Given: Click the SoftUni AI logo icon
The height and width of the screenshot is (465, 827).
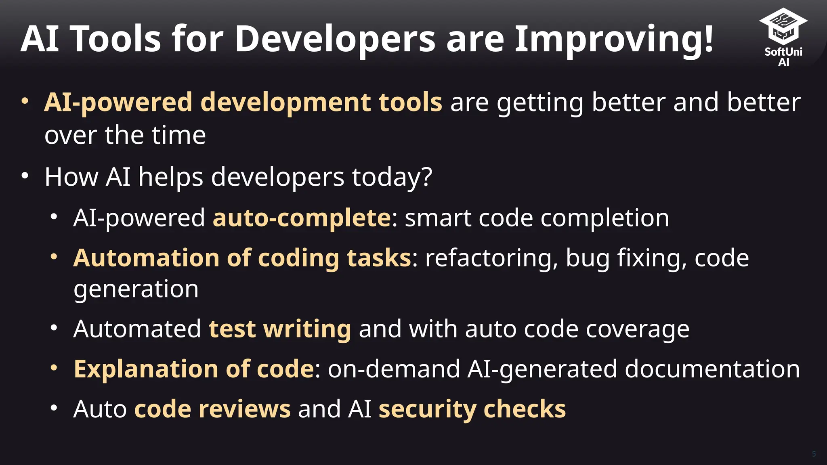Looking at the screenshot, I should (783, 27).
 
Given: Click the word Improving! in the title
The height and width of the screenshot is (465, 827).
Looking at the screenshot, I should (614, 39).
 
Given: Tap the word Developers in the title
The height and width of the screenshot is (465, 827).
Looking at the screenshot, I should (335, 39).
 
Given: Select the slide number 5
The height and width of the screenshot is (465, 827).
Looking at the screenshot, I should (814, 454).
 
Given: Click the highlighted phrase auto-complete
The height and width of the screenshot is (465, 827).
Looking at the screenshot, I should (302, 218).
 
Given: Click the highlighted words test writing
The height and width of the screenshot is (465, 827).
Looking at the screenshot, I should (280, 329).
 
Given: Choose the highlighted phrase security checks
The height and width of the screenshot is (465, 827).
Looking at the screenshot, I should (472, 409).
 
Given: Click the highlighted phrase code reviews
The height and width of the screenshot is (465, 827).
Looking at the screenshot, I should (212, 409).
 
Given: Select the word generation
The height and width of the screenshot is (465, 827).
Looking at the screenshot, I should (136, 289).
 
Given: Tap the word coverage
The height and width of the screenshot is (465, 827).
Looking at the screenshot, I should (638, 329).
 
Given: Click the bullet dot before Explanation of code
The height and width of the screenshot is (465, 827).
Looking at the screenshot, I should (54, 368).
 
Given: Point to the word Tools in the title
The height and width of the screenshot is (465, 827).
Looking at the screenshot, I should (116, 39).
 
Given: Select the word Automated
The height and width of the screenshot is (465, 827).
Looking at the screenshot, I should (137, 329).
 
